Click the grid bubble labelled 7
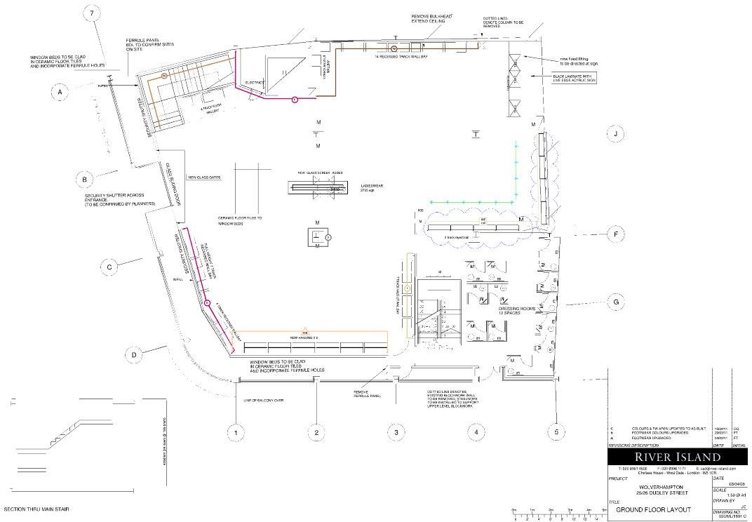click(x=92, y=14)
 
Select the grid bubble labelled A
click(x=60, y=92)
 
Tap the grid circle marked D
click(x=133, y=355)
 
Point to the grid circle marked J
click(x=615, y=133)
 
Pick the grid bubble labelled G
click(x=615, y=302)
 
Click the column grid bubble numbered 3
click(x=396, y=433)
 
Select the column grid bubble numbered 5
click(x=556, y=433)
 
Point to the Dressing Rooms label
click(x=518, y=309)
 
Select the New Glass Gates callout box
click(x=204, y=178)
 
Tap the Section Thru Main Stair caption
click(x=36, y=509)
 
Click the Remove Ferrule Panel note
click(x=366, y=394)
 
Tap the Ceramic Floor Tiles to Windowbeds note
click(x=240, y=222)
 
